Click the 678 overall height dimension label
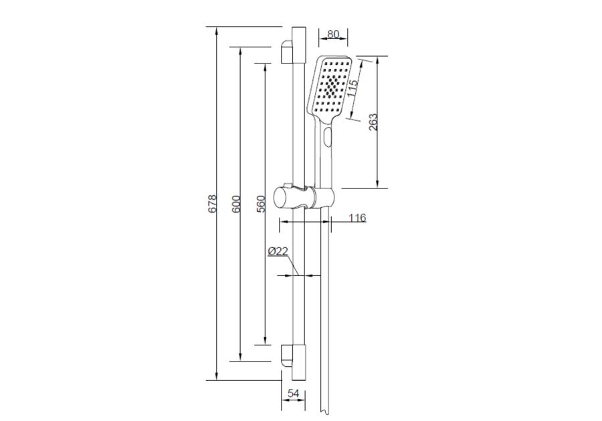tap(213, 204)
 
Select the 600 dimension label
tap(237, 204)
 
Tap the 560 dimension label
tap(261, 204)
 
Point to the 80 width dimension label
tap(333, 34)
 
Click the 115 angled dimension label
tap(352, 88)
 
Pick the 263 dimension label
tap(373, 122)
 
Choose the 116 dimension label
tap(357, 218)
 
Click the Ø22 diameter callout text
tap(278, 251)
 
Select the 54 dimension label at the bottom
tap(294, 393)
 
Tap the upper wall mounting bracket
tap(287, 51)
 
